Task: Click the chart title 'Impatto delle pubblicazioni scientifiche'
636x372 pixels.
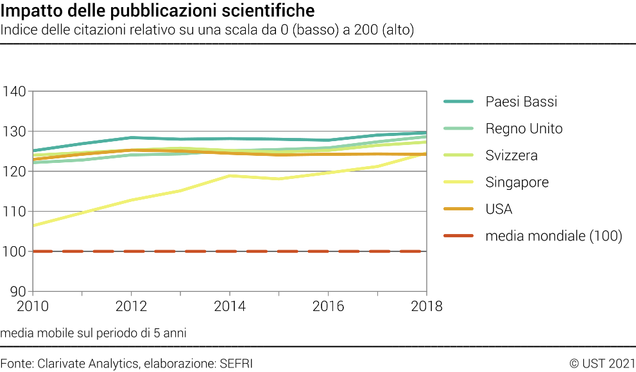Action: pos(158,11)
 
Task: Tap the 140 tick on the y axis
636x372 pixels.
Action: pos(14,92)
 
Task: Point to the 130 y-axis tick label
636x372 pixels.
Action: pos(14,131)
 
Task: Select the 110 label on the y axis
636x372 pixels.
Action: pos(14,212)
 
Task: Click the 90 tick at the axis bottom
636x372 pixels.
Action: pos(18,291)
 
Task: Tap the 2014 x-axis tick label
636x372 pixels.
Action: pos(230,307)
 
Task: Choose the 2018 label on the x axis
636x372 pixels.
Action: pos(426,307)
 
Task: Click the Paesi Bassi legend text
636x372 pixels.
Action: pos(521,102)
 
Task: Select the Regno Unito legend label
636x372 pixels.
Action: pos(524,129)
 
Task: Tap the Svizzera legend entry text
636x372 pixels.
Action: pos(511,156)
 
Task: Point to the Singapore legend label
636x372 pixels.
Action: pos(517,183)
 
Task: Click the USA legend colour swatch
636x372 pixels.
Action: pos(458,210)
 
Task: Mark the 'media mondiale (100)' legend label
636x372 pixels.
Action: pos(554,237)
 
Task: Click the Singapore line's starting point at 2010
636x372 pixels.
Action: pos(33,225)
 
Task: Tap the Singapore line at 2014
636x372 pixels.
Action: pos(230,176)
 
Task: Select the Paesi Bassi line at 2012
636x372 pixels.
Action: pos(132,137)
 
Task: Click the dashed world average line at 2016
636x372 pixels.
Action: pos(328,251)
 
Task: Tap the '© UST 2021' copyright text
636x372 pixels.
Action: pos(602,364)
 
